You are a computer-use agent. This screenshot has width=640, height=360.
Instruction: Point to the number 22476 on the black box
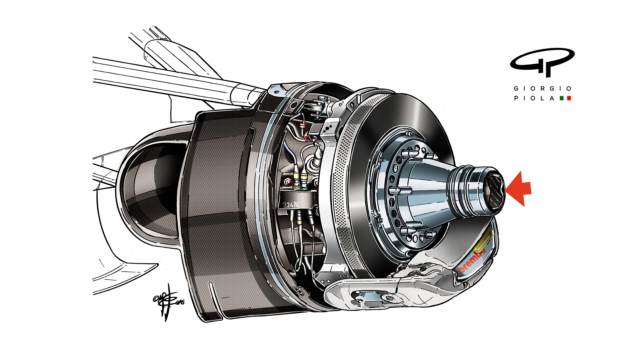291,205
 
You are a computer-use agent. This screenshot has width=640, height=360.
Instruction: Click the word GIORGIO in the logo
543,88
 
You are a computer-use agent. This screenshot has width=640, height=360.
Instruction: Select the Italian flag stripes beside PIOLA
565,98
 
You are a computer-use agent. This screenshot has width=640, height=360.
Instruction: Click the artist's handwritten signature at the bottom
167,302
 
